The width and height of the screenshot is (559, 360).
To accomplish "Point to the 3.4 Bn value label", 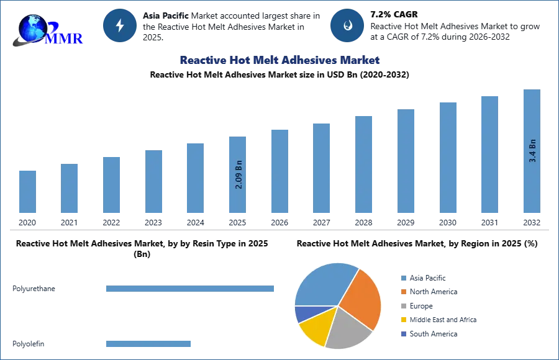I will (532, 150).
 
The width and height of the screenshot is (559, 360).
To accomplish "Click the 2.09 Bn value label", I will (239, 176).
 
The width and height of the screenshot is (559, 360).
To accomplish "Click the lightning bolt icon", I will (120, 25).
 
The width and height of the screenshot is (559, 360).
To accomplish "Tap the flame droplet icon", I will (347, 25).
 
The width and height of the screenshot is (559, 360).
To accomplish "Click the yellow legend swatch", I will (402, 319).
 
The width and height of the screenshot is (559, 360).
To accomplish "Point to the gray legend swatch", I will (402, 307).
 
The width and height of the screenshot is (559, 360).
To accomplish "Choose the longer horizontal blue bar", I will (191, 288).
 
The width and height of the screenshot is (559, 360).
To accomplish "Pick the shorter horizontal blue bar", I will (149, 343).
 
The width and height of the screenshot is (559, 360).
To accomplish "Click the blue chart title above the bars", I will (280, 60).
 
